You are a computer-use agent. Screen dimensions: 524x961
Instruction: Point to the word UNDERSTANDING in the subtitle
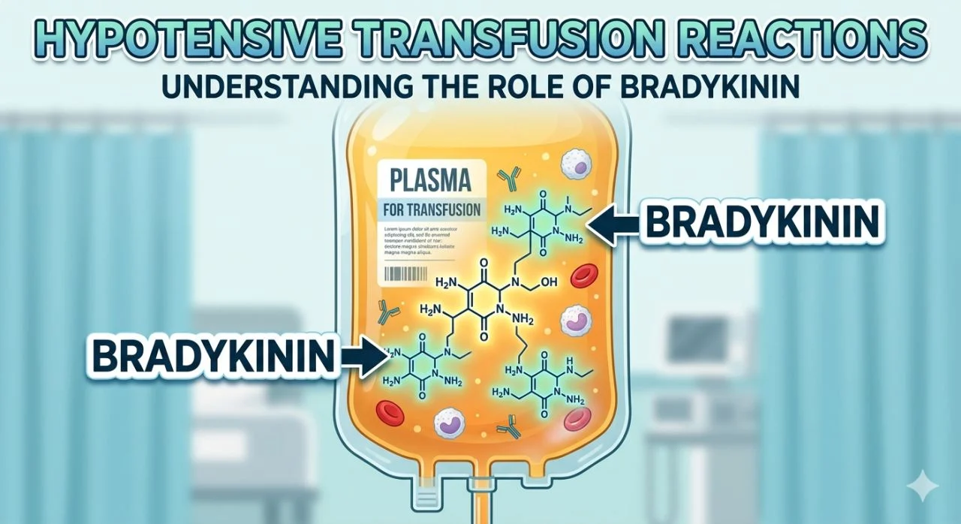pyautogui.click(x=292, y=86)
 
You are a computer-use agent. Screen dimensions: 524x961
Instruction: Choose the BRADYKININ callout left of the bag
pyautogui.click(x=213, y=357)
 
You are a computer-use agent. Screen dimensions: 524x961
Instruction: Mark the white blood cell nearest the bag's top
pyautogui.click(x=577, y=162)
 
